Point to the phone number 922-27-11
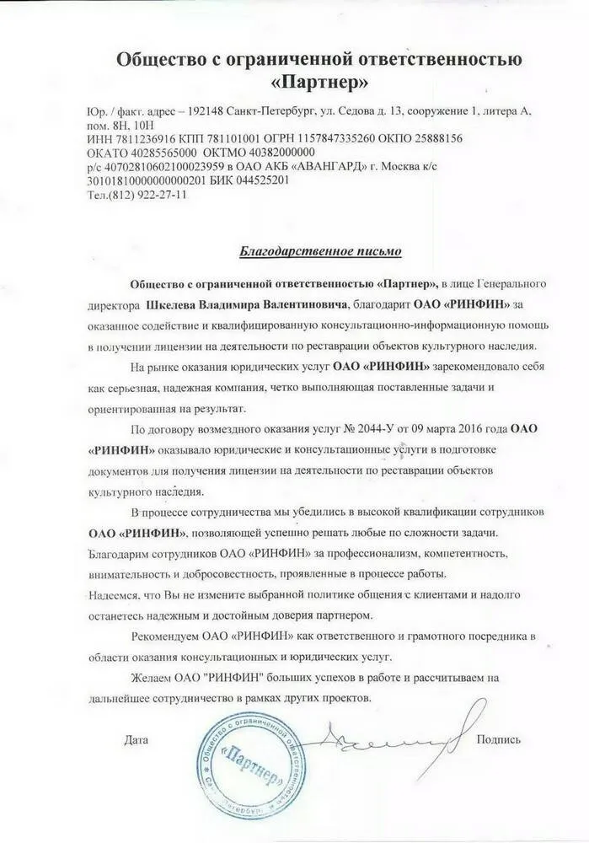[x=165, y=194]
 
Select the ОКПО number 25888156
[x=428, y=137]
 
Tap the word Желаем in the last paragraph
[x=149, y=677]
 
